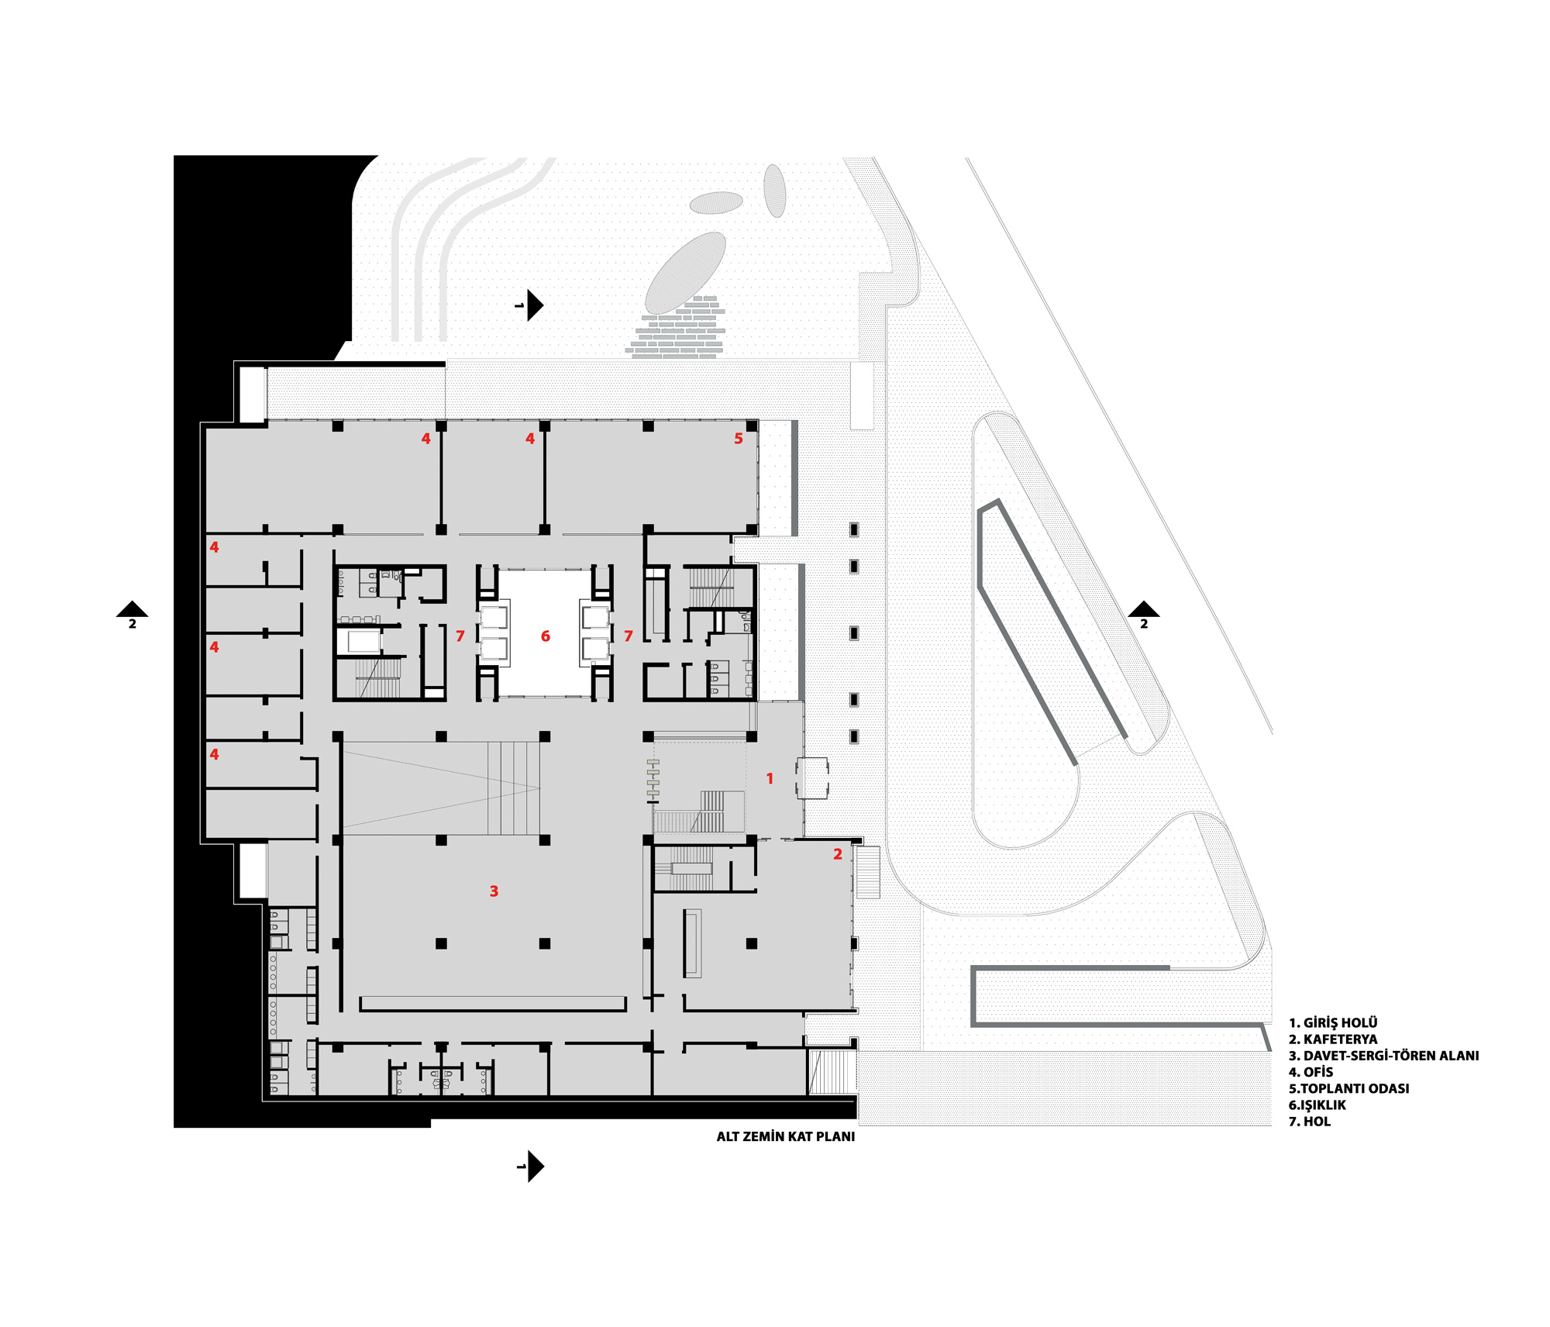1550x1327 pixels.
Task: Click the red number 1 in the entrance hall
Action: (x=770, y=778)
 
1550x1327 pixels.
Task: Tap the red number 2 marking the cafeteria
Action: (x=838, y=854)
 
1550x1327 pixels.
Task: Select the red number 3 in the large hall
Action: (x=494, y=891)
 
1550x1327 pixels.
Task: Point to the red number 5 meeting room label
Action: (x=739, y=439)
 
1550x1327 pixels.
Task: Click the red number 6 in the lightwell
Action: (x=546, y=636)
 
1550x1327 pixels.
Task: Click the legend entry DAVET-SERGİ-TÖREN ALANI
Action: (x=1383, y=1056)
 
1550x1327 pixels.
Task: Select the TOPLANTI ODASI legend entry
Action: (x=1348, y=1088)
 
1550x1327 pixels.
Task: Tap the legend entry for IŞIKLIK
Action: (x=1317, y=1105)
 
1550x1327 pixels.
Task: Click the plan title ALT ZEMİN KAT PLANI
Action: (x=786, y=1137)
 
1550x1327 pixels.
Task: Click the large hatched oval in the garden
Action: (x=685, y=273)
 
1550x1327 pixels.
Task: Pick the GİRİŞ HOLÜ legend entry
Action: (x=1333, y=1023)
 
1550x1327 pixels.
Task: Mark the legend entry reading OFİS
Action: (x=1311, y=1072)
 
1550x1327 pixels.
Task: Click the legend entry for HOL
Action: (x=1309, y=1122)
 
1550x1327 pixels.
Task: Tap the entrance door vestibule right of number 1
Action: (x=812, y=778)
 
